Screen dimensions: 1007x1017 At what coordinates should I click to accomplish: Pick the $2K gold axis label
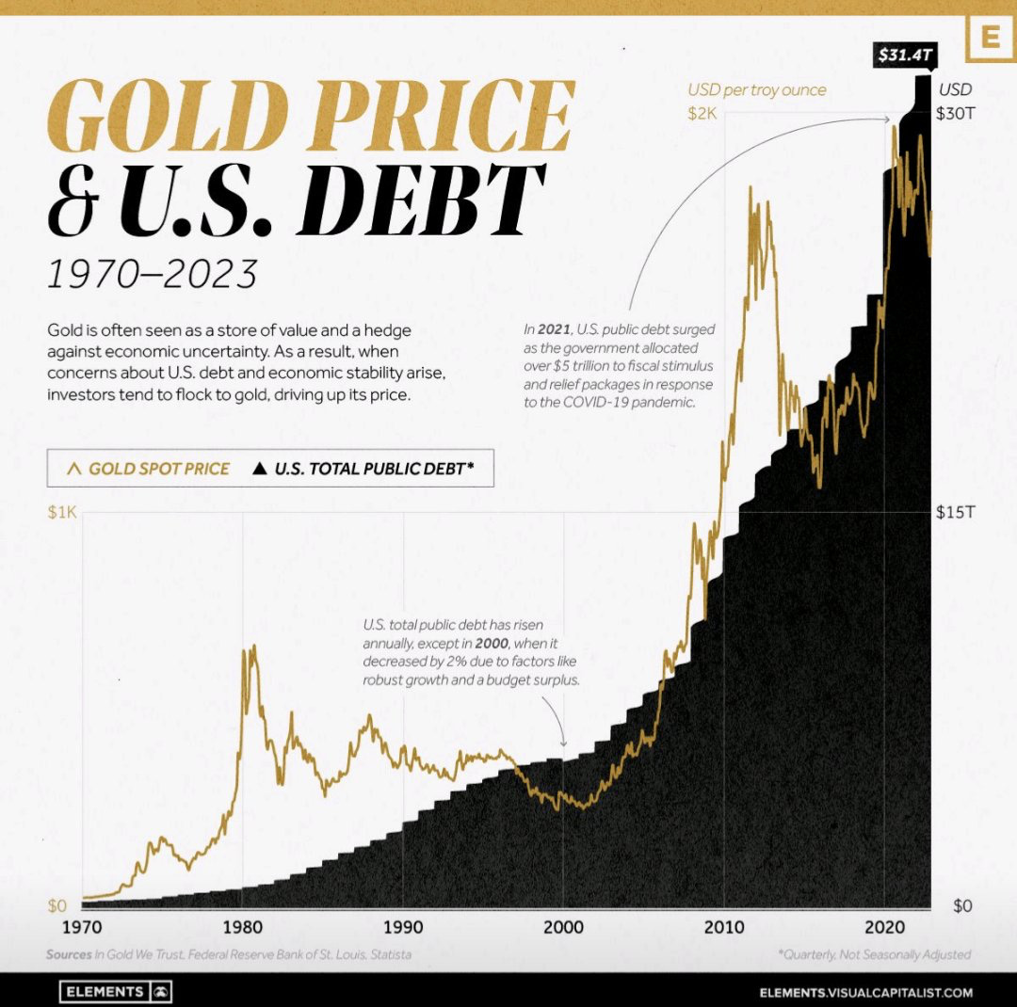702,114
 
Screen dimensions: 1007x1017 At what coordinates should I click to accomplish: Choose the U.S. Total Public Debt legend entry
362,468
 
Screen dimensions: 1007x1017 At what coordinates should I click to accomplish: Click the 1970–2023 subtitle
152,273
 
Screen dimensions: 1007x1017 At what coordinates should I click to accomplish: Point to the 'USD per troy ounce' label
756,90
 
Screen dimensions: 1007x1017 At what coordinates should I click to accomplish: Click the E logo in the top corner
990,39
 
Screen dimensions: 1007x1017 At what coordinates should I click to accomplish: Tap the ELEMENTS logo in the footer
116,992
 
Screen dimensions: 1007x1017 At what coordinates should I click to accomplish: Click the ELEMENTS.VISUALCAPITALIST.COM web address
865,992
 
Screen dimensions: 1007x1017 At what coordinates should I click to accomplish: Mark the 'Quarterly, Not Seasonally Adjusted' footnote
874,954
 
